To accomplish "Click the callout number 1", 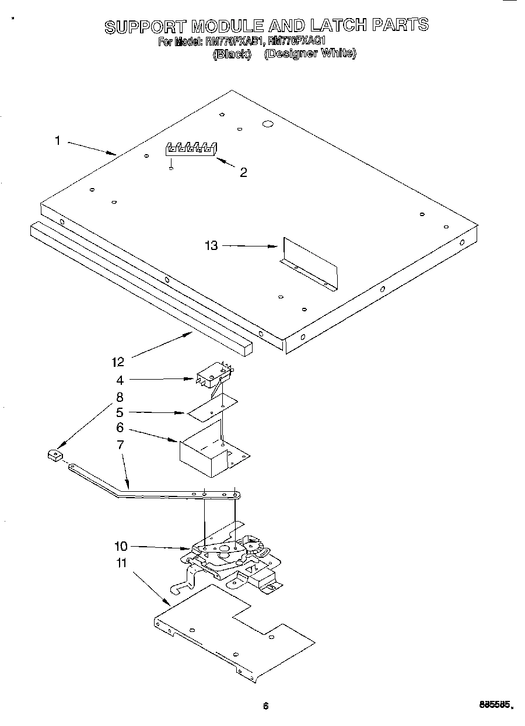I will pyautogui.click(x=57, y=140).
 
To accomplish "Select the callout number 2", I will pyautogui.click(x=243, y=172).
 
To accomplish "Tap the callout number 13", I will pyautogui.click(x=211, y=246).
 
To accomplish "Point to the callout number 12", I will pyautogui.click(x=118, y=362).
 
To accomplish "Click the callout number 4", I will pyautogui.click(x=120, y=380).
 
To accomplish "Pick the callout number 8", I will pyautogui.click(x=120, y=397).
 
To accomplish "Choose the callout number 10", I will pyautogui.click(x=121, y=547).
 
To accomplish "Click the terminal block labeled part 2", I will pyautogui.click(x=191, y=149).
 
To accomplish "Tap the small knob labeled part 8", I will pyautogui.click(x=54, y=454).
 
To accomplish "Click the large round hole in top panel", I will pyautogui.click(x=268, y=124).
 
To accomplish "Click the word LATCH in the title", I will pyautogui.click(x=338, y=25).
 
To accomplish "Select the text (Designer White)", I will pyautogui.click(x=310, y=54).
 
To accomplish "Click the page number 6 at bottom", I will pyautogui.click(x=265, y=706).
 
